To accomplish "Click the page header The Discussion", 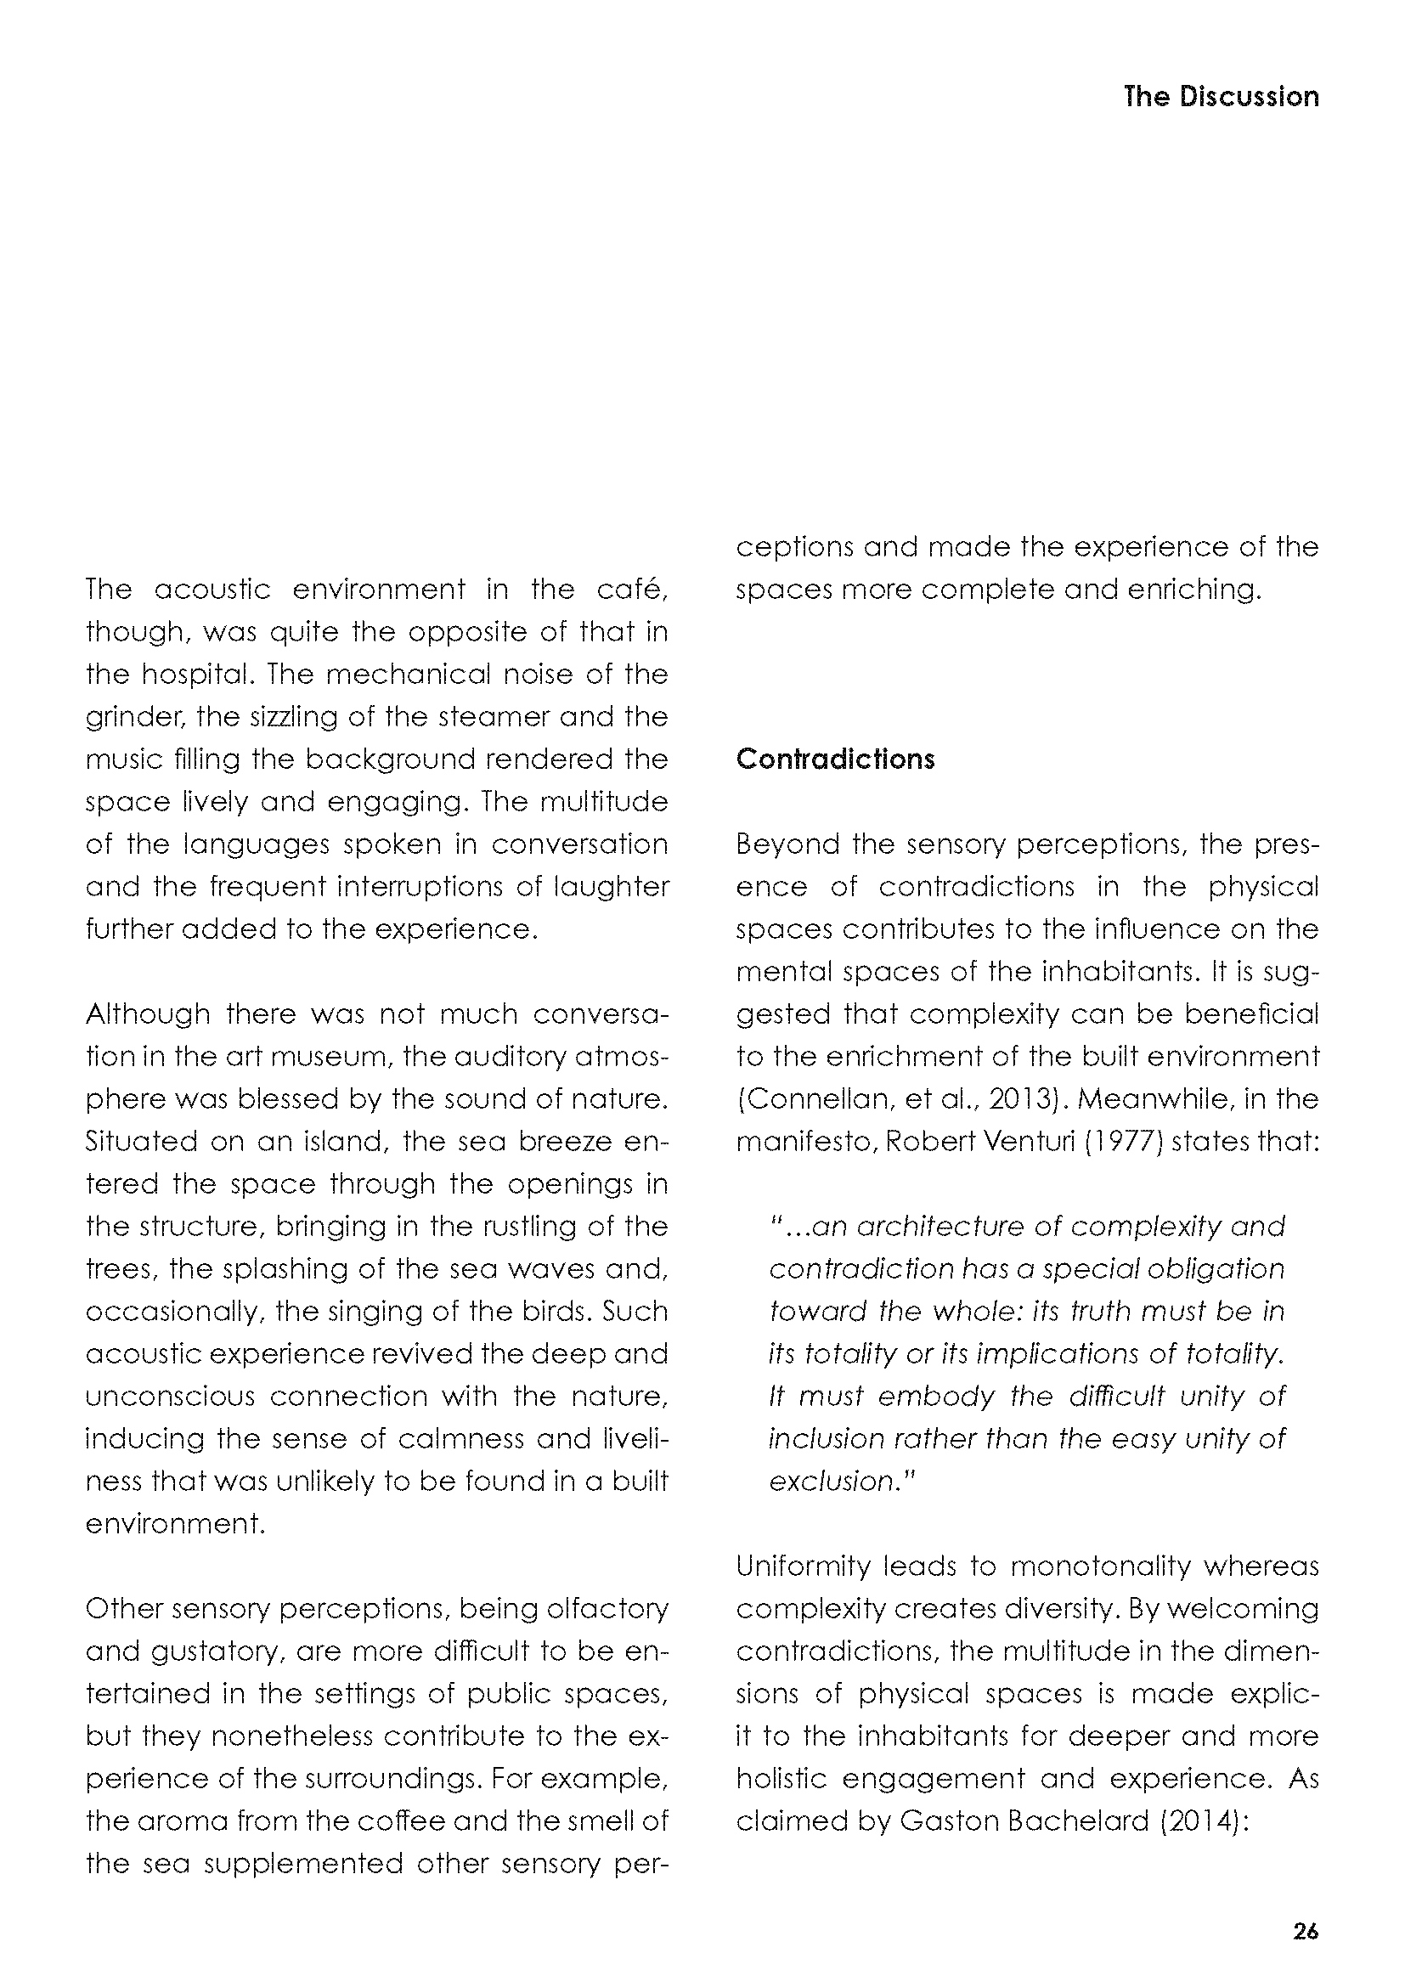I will click(x=1221, y=96).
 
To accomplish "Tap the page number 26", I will click(x=1306, y=1931).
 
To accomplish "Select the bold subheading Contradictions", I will click(x=835, y=759).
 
